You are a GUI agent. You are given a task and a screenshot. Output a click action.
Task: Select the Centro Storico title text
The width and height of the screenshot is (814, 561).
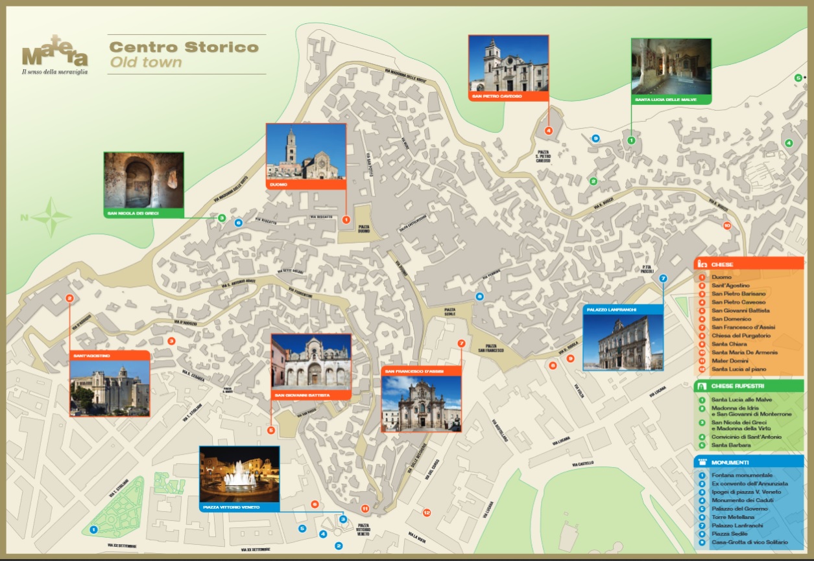click(184, 47)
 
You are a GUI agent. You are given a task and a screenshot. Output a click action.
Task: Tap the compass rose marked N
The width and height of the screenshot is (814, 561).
click(51, 217)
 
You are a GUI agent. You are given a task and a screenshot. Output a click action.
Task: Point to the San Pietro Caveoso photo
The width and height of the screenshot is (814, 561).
click(509, 63)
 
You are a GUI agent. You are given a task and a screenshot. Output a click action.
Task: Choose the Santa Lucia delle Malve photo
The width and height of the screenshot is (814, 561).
click(671, 66)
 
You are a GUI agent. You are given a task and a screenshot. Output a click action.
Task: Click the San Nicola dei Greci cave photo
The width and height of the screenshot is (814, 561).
click(143, 180)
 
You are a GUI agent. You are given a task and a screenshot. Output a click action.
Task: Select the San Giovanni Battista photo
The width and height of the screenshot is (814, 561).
click(311, 362)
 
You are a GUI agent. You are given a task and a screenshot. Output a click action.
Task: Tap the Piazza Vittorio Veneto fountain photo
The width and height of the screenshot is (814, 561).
click(239, 475)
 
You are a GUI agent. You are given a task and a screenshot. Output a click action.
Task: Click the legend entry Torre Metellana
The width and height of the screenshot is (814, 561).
click(732, 517)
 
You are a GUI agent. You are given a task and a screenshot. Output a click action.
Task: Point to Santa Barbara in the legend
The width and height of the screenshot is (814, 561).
click(731, 445)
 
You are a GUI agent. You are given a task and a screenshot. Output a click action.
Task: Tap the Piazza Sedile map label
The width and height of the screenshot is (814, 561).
click(450, 312)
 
